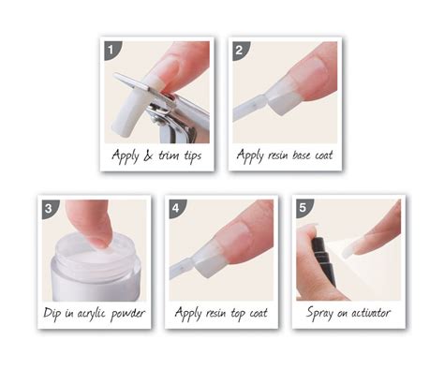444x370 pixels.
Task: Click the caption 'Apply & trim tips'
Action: tap(156, 155)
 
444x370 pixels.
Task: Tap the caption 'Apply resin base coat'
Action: tap(285, 155)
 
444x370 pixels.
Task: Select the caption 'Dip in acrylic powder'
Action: tap(93, 312)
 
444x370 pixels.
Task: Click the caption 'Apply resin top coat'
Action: tap(222, 312)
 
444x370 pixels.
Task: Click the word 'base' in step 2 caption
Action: tap(293, 155)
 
